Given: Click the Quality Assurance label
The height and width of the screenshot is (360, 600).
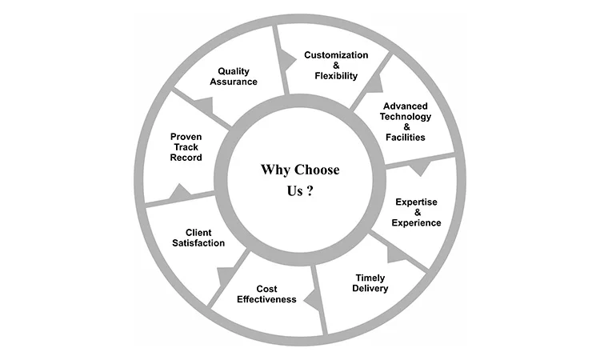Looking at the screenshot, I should point(234,75).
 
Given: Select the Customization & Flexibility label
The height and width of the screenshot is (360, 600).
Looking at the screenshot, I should point(336,66).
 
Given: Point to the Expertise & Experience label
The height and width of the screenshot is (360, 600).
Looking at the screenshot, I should point(416,211).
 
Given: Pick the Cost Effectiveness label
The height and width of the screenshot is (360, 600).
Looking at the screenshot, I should point(266,294).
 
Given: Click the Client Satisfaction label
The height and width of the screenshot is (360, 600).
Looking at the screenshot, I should point(198,238).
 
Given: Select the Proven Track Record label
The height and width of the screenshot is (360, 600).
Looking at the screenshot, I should point(186,147).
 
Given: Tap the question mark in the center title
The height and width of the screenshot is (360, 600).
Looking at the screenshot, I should point(310,193).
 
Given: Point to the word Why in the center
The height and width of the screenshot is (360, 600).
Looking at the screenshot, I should point(274,170).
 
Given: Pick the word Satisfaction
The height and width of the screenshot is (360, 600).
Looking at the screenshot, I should point(198,242).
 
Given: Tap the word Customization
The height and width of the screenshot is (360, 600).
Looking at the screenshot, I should point(336,55).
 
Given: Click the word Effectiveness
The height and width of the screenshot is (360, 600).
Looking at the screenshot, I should point(266,299).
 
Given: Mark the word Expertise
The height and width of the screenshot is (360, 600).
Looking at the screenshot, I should point(416,200).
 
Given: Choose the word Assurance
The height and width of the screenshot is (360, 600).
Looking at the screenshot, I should point(234,81).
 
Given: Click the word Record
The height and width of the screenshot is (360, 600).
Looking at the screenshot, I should point(186,158).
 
